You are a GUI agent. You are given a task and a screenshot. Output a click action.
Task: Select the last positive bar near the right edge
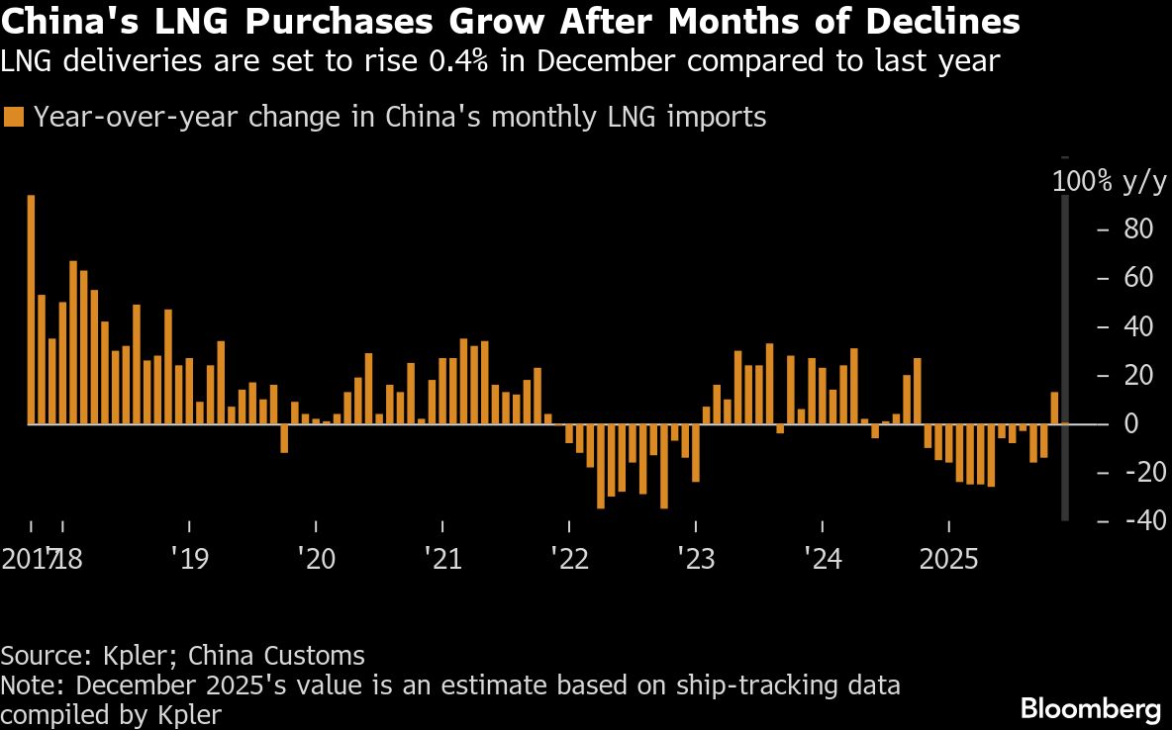[x=1055, y=408]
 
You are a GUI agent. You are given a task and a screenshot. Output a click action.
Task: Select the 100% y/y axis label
[x=1109, y=181]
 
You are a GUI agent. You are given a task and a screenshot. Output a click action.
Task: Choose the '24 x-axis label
[x=823, y=559]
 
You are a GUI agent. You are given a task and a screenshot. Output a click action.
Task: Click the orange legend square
[x=14, y=118]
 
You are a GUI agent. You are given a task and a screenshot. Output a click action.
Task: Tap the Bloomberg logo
[x=1090, y=708]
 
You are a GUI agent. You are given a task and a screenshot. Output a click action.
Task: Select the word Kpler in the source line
[x=137, y=655]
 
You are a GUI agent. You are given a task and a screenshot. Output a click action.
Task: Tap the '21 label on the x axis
[x=442, y=559]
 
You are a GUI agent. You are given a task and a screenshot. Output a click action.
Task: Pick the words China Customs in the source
[x=276, y=655]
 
